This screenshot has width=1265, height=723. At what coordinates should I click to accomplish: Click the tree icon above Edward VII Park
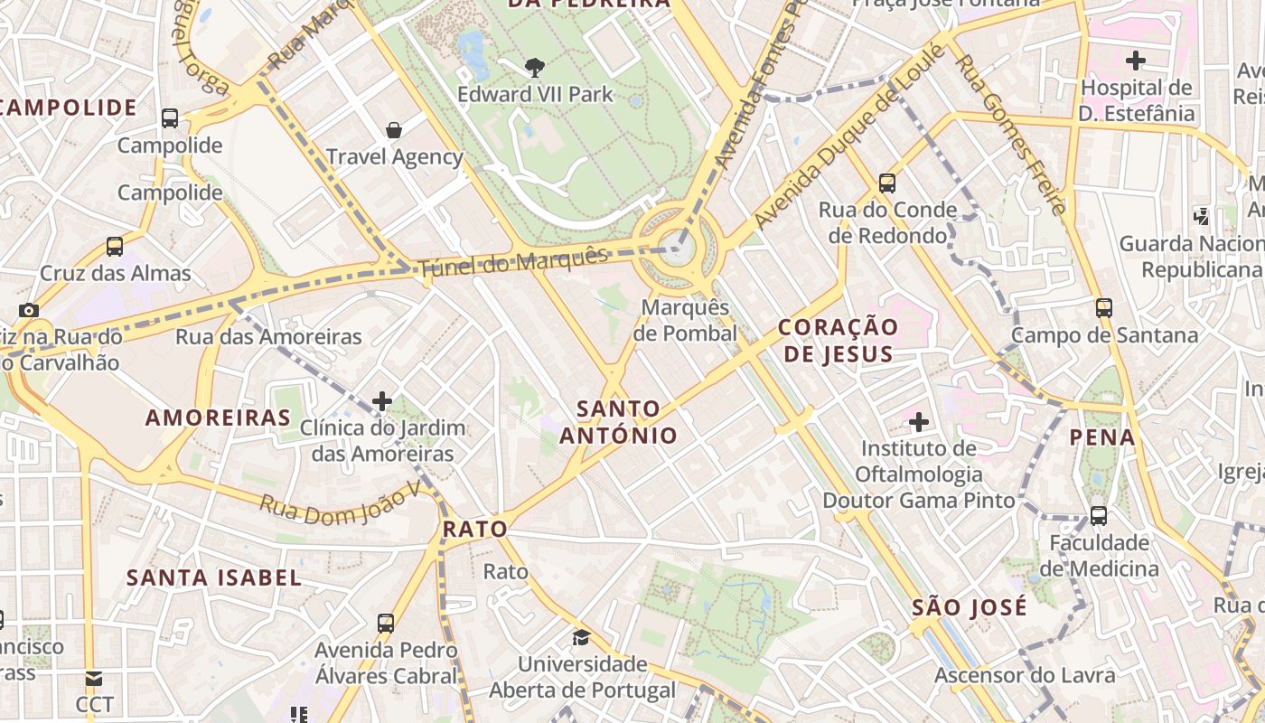pos(535,66)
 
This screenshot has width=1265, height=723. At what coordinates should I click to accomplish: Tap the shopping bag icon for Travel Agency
pos(394,130)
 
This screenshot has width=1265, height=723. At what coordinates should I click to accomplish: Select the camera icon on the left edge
pos(29,310)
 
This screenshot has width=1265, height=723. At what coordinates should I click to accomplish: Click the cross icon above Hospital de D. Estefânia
pos(1136,61)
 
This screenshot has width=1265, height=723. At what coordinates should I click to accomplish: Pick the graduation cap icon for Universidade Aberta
pos(581,637)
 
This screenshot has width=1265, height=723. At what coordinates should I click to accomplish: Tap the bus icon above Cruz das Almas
pos(115,247)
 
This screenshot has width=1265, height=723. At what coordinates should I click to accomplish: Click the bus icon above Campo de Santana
pos(1103,307)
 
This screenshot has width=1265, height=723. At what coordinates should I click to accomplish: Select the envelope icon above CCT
pos(94,678)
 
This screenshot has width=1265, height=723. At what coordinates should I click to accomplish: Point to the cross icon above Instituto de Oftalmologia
pos(919,422)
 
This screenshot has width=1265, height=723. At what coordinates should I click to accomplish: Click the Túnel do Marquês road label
pos(512,261)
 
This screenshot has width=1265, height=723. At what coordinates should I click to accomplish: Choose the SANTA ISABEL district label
pos(214,577)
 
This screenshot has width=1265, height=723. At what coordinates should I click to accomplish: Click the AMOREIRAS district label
pos(219,418)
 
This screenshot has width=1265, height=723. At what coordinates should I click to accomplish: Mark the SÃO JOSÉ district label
pos(970,606)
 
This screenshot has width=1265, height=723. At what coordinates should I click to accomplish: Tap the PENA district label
pos(1102,437)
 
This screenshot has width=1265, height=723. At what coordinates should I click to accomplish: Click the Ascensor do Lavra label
pos(1025,675)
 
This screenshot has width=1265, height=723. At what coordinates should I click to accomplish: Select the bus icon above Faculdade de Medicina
pos(1099,516)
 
